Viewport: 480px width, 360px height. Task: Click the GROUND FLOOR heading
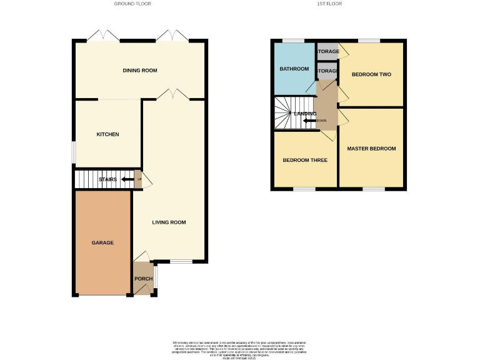pyautogui.click(x=132, y=4)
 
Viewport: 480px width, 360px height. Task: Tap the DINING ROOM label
pyautogui.click(x=140, y=71)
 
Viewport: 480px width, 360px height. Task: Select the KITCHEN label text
pyautogui.click(x=107, y=134)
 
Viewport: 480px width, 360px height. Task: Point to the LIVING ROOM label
pyautogui.click(x=169, y=222)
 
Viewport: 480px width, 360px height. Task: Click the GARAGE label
pyautogui.click(x=103, y=242)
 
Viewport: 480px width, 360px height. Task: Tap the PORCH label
pyautogui.click(x=143, y=279)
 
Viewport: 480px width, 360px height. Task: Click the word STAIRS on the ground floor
pyautogui.click(x=107, y=180)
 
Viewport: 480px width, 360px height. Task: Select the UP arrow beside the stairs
pyautogui.click(x=128, y=180)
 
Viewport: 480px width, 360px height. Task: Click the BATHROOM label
pyautogui.click(x=294, y=69)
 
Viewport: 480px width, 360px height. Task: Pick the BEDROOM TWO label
pyautogui.click(x=371, y=74)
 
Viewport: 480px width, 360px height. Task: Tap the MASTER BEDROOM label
pyautogui.click(x=371, y=149)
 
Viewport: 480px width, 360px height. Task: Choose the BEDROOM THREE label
pyautogui.click(x=305, y=160)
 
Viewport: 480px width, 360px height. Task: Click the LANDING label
pyautogui.click(x=306, y=114)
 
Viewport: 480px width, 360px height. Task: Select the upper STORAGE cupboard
pyautogui.click(x=327, y=52)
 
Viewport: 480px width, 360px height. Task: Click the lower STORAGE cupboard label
pyautogui.click(x=327, y=71)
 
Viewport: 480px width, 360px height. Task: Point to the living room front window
pyautogui.click(x=181, y=261)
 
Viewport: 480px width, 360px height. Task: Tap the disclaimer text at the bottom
pyautogui.click(x=239, y=347)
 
